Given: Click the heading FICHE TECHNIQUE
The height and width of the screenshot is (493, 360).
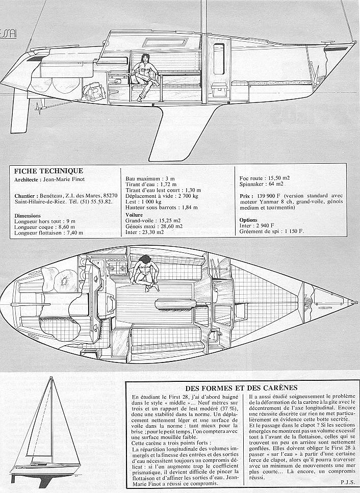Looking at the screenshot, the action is pos(48,171).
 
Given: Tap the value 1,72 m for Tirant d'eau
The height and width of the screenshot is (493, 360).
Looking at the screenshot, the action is pos(168,184).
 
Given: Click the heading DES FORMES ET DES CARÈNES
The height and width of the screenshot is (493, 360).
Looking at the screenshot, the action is pos(241,388).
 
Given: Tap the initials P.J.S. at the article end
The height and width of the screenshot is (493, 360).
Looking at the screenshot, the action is pos(347,482).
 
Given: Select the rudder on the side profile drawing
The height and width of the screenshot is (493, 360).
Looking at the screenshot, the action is pos(20,111).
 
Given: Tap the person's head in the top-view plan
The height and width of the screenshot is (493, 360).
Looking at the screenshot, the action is pos(144,260).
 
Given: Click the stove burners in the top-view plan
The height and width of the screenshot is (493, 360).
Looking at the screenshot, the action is pos(117,268).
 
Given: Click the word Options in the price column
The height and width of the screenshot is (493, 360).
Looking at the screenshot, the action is pos(248,220).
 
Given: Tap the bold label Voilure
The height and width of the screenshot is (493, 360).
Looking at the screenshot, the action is pos(134,215).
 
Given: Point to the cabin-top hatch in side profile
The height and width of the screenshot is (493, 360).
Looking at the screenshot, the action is pos(165,42).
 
